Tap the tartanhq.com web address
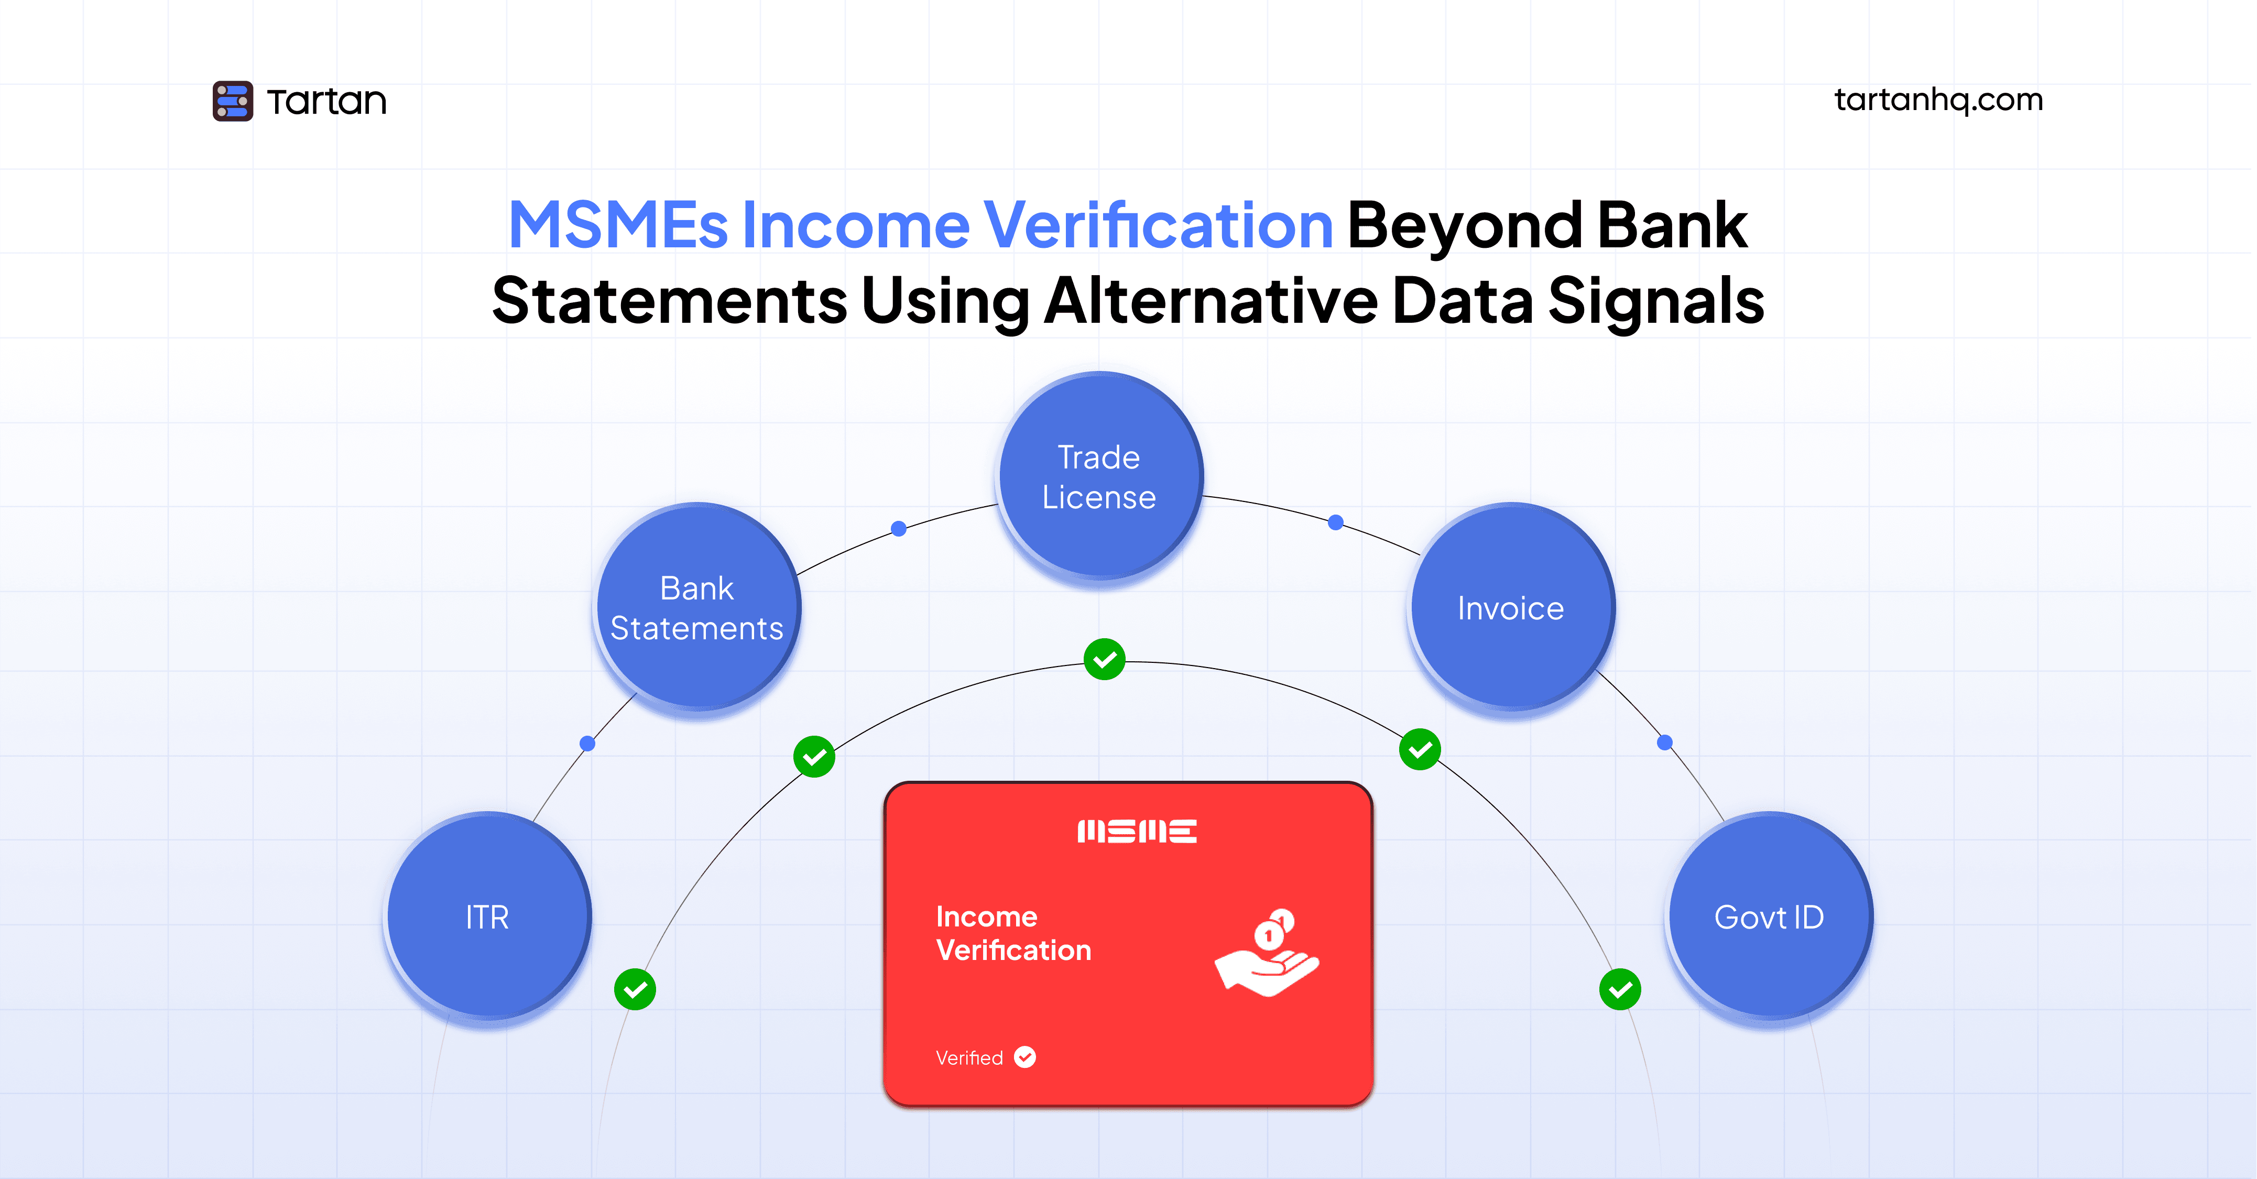click(1938, 100)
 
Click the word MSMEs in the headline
click(618, 226)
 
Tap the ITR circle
click(488, 916)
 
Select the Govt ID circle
click(1769, 916)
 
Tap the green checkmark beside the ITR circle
click(635, 990)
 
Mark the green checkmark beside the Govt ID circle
click(1620, 990)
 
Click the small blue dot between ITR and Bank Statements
click(588, 744)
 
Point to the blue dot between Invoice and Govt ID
click(1665, 743)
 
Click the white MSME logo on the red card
click(1137, 831)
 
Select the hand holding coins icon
click(1267, 953)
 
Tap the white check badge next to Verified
click(1025, 1057)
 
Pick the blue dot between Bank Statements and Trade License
click(898, 528)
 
